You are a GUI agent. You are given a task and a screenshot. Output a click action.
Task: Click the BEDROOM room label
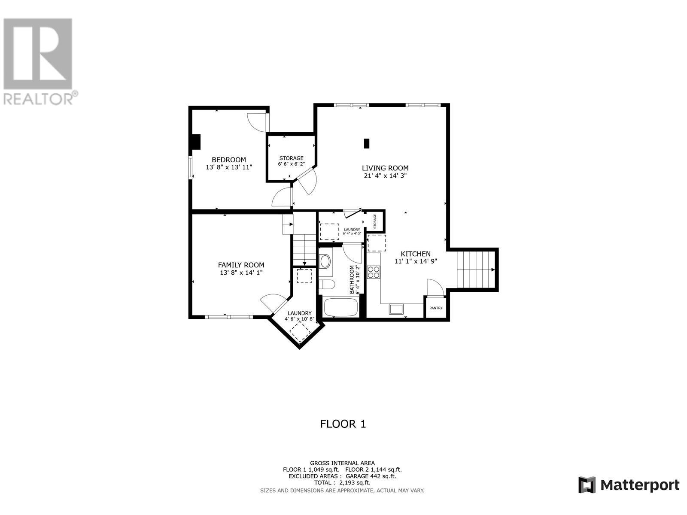pos(228,160)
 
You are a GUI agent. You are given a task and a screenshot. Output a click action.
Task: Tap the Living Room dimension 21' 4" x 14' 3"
pos(385,176)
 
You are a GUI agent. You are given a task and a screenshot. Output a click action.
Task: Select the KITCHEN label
pos(415,254)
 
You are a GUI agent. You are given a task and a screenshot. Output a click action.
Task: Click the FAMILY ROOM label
pos(241,265)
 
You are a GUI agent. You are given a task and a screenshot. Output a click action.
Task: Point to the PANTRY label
pos(435,308)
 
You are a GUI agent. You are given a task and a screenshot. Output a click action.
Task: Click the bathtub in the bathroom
pos(341,307)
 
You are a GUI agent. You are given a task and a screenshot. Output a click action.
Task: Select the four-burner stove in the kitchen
pos(374,272)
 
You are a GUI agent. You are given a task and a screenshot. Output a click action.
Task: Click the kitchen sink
pos(395,309)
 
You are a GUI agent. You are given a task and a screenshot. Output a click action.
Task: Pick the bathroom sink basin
pos(325,261)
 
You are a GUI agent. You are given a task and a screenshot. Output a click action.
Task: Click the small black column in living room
pos(366,143)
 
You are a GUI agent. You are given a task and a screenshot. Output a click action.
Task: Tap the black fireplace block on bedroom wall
pos(196,142)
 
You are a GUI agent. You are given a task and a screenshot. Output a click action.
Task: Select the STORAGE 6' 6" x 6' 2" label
pos(291,161)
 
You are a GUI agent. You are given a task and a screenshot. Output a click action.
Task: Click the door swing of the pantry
pos(435,287)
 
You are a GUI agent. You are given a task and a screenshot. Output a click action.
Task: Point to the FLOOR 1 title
pos(343,424)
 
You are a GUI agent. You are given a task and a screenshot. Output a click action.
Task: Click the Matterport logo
pos(629,485)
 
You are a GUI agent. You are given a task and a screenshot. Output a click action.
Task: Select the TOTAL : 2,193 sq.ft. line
pos(342,483)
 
